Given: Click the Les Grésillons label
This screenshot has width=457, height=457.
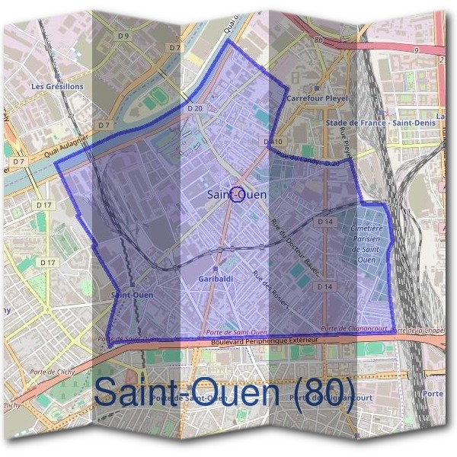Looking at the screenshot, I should point(57,86).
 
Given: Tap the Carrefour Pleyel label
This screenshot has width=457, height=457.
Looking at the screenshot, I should point(316,98).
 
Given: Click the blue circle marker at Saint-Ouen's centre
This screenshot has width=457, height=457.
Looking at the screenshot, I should point(237,194).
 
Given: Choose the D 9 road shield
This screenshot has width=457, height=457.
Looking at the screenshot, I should point(123,36).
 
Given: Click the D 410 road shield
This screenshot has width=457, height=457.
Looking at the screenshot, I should point(272,142).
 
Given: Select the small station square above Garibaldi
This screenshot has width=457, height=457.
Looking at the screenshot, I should point(216,269).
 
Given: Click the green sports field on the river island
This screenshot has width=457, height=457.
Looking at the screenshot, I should point(158,97).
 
